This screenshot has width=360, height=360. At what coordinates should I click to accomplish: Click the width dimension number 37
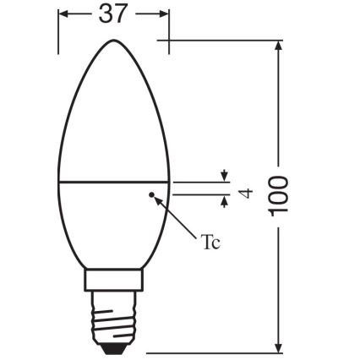tap(113, 16)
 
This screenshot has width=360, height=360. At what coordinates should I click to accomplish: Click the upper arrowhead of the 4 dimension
tap(223, 177)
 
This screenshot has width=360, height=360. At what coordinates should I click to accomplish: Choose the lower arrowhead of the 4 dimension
tap(223, 201)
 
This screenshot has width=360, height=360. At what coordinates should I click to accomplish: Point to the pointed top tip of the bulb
tap(114, 41)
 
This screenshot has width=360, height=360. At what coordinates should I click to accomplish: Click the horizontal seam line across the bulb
tap(114, 181)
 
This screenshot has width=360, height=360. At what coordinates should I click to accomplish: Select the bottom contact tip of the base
tap(113, 348)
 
